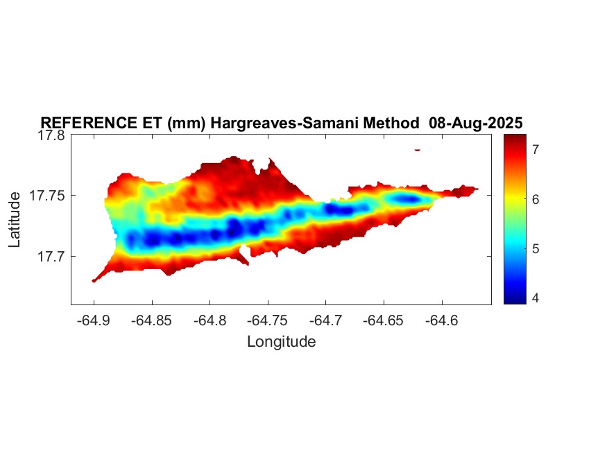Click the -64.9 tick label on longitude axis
pos(94,320)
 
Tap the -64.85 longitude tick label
pos(152,320)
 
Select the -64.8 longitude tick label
pos(210,320)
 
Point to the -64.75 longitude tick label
pos(268,320)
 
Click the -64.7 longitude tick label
pos(326,320)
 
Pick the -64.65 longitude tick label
pos(384,320)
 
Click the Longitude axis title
pos(281,341)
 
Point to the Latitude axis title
pos(15,220)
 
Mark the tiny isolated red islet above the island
pos(417,149)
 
